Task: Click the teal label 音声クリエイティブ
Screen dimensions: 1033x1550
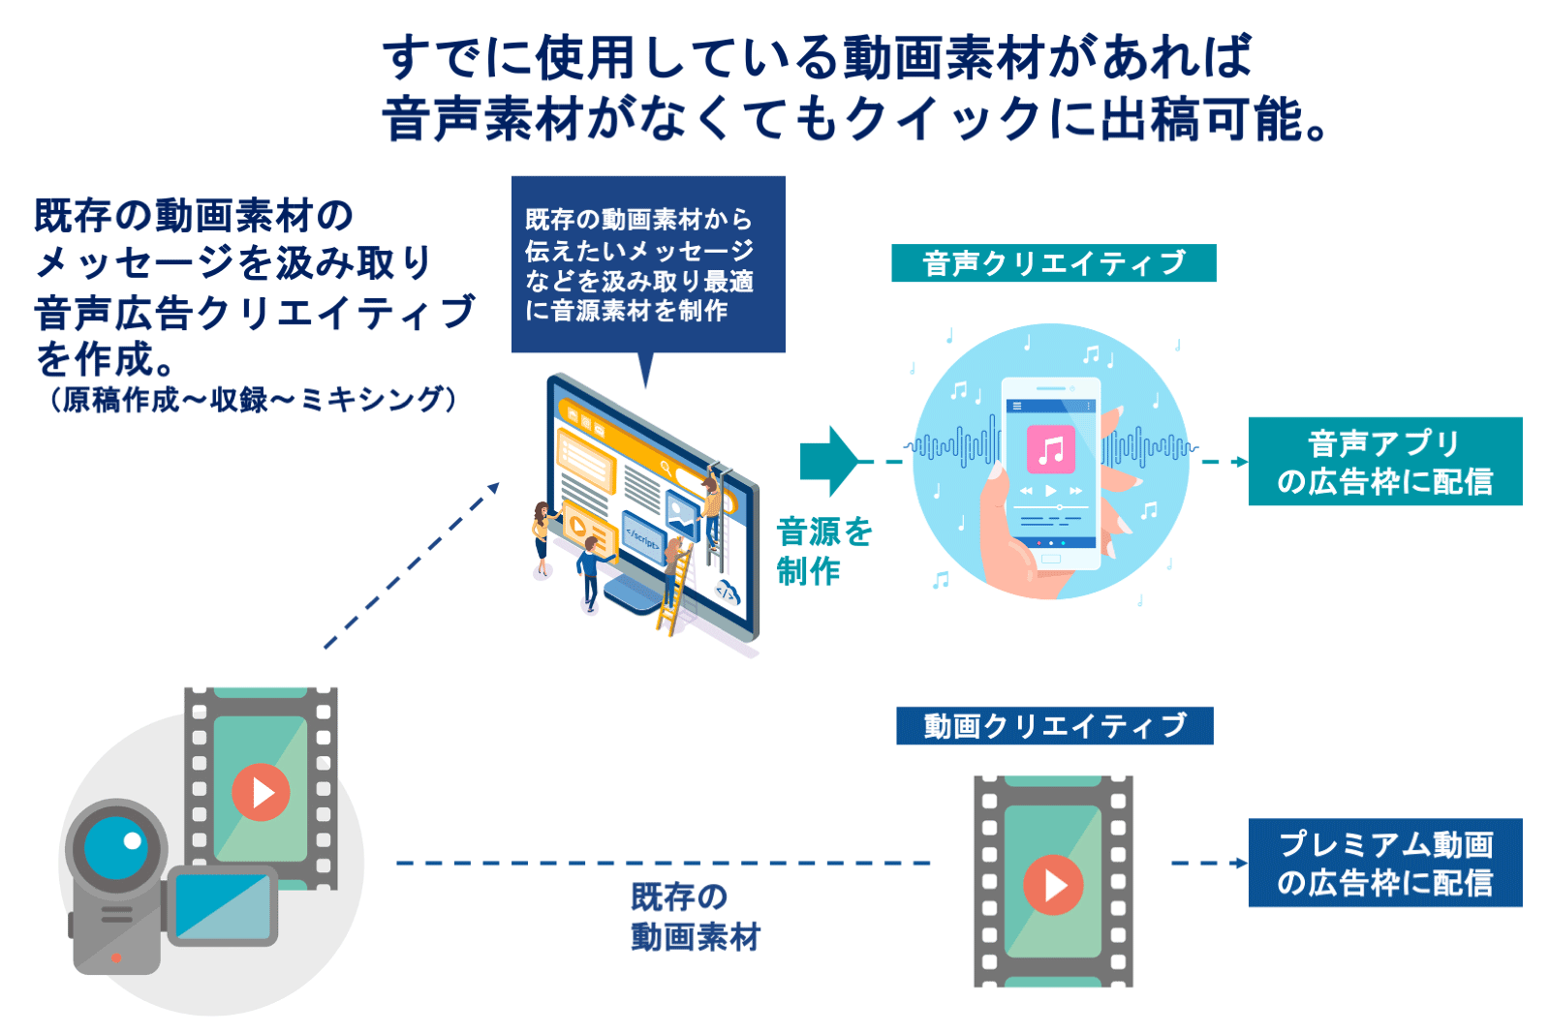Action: pyautogui.click(x=1053, y=263)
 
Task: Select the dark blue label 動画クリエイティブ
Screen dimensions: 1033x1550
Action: pyautogui.click(x=1054, y=726)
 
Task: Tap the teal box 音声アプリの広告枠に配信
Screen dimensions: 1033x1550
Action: pyautogui.click(x=1384, y=462)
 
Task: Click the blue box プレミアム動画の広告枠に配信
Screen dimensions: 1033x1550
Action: pyautogui.click(x=1384, y=863)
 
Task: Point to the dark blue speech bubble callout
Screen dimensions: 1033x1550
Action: pyautogui.click(x=647, y=263)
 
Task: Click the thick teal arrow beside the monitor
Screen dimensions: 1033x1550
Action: pyautogui.click(x=828, y=462)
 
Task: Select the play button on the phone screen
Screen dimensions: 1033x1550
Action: pyautogui.click(x=1051, y=491)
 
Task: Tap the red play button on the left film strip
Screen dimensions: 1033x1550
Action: pyautogui.click(x=261, y=792)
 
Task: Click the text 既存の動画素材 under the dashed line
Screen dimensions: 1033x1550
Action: pyautogui.click(x=695, y=917)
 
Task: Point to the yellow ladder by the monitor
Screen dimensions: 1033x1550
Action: pyautogui.click(x=674, y=591)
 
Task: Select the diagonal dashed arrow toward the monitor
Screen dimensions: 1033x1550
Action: pyautogui.click(x=412, y=566)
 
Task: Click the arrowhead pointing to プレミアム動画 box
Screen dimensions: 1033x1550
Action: pyautogui.click(x=1239, y=863)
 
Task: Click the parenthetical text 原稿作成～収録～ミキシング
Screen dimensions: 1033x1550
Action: pyautogui.click(x=253, y=399)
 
